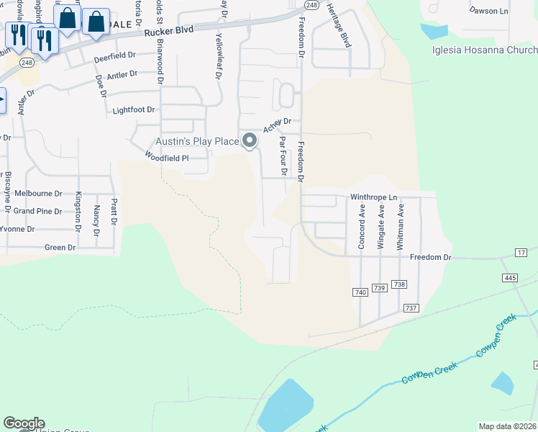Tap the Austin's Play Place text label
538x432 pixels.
pos(197,141)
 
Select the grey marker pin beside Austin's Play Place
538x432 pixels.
pos(250,140)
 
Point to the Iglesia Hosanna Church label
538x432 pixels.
pos(485,50)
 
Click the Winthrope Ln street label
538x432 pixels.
pos(373,197)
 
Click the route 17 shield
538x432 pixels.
pos(521,252)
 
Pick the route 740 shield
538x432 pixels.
pos(360,292)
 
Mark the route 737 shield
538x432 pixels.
pos(411,308)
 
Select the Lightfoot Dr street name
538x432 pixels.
pos(134,110)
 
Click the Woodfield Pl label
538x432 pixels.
pos(166,157)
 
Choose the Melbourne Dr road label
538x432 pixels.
pos(38,194)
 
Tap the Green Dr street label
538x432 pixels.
pos(60,248)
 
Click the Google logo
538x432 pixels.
pos(24,423)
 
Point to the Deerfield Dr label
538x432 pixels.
pos(114,55)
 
